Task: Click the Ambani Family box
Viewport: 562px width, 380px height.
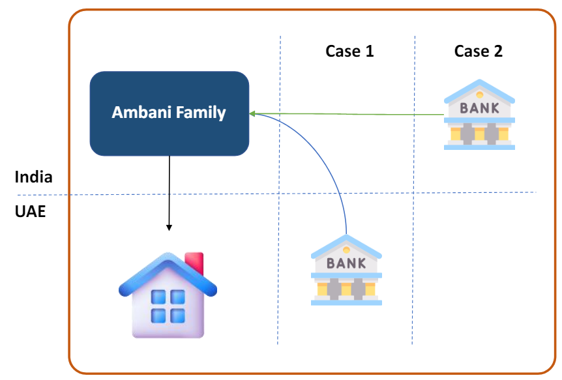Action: click(x=169, y=113)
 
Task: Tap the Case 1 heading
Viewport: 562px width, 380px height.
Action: click(x=349, y=51)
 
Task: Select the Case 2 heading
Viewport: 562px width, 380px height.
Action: click(x=479, y=51)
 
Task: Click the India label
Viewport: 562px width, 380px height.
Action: click(x=34, y=177)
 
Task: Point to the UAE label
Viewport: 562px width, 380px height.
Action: click(x=31, y=212)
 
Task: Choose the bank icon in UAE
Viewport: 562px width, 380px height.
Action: click(x=346, y=270)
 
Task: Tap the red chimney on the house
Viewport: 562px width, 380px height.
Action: click(x=194, y=263)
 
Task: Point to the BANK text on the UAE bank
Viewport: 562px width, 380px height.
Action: click(x=346, y=263)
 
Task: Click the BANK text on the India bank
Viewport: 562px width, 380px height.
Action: click(x=479, y=108)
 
